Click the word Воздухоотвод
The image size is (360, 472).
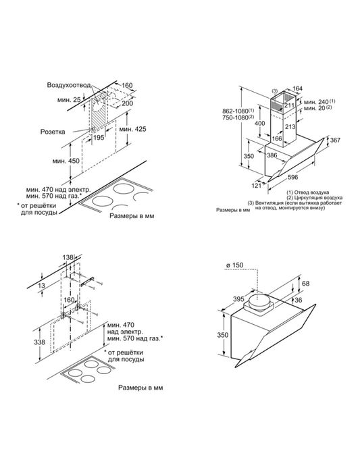[69, 85]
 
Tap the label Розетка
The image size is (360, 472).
[53, 132]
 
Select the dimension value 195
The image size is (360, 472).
[99, 138]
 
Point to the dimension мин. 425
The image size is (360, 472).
[133, 129]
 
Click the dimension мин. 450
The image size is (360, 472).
[66, 161]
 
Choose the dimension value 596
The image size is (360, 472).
[292, 177]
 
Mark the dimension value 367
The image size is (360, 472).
[335, 140]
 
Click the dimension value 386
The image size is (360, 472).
[272, 155]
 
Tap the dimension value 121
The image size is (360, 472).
[256, 186]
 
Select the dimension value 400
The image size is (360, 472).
[259, 124]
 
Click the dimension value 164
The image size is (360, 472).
[297, 88]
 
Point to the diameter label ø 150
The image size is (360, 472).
[234, 265]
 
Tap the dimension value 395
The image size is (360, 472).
[238, 298]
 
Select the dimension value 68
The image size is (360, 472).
[305, 284]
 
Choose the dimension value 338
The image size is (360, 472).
[39, 342]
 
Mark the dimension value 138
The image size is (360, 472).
[68, 257]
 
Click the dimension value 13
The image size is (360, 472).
[42, 285]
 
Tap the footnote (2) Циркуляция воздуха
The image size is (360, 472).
[314, 198]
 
